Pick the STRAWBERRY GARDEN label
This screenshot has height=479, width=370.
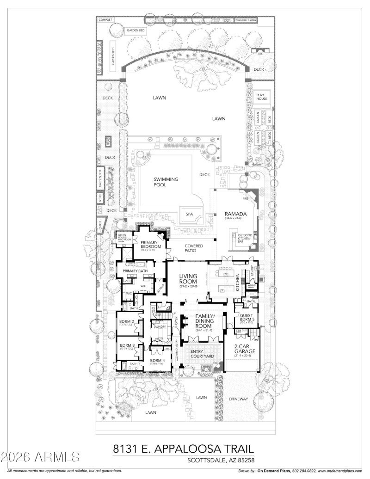coord(246,20)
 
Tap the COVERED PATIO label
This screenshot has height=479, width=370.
coord(194,248)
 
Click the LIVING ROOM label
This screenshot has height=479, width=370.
coord(188,279)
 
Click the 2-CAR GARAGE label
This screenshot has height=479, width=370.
coord(241,348)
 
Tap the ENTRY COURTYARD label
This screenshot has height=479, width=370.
coord(203,354)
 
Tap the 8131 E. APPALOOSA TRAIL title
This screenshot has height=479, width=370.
coord(184,449)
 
